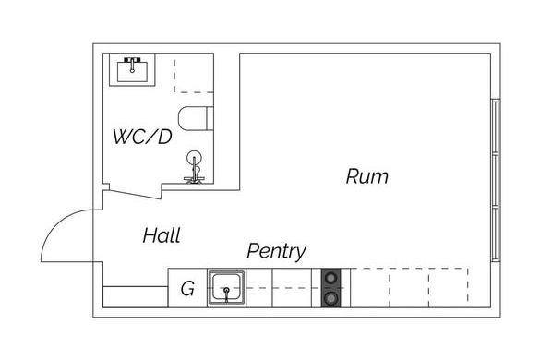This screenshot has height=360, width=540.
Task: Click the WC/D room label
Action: [x=142, y=137]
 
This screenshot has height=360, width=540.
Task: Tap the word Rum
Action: [x=367, y=176]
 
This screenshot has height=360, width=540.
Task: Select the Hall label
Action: [x=162, y=235]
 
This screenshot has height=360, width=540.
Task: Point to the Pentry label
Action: [x=276, y=251]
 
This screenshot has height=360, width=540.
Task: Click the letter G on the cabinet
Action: [x=187, y=289]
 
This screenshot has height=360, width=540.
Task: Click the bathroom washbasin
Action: [x=132, y=70]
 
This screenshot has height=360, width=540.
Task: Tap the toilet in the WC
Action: [x=196, y=118]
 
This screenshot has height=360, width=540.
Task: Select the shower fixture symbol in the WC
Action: [x=194, y=167]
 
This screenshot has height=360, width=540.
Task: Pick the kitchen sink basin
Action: [x=226, y=288]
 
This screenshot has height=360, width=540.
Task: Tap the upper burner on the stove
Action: [x=331, y=278]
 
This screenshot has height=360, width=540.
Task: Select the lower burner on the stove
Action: [x=331, y=298]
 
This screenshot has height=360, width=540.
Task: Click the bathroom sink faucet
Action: [x=132, y=65]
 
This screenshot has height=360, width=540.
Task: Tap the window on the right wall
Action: [x=495, y=180]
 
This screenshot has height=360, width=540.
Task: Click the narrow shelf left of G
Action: [x=136, y=296]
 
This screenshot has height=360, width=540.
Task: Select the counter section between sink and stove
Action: [x=280, y=288]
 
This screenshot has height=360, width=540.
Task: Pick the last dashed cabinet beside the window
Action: [x=449, y=288]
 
